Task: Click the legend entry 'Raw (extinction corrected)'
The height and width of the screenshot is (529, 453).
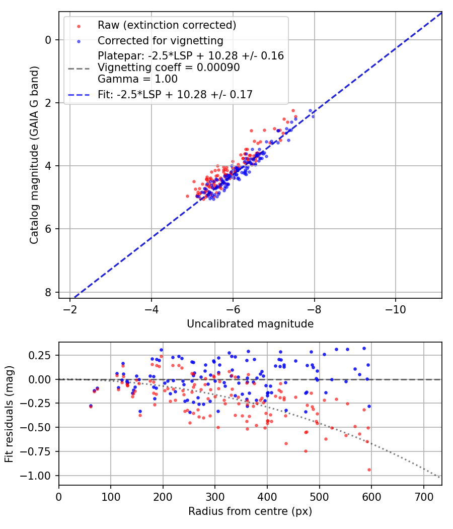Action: point(167,25)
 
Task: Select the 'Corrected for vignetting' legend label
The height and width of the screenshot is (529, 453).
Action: point(161,40)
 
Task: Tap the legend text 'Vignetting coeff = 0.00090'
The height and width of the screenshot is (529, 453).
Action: point(169,68)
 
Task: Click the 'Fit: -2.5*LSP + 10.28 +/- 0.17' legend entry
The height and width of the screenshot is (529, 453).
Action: point(175,94)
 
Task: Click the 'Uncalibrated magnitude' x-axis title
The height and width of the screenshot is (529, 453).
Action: point(250,323)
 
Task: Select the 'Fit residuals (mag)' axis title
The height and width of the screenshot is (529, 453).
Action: point(10,414)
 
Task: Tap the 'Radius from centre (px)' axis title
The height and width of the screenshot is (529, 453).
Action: point(250,511)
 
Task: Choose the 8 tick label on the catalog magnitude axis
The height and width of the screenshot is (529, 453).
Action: point(48,292)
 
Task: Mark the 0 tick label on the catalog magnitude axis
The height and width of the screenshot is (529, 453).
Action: point(48,40)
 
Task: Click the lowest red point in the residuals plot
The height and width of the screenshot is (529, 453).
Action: point(369,470)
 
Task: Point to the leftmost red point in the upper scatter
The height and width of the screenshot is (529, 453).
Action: point(187,196)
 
